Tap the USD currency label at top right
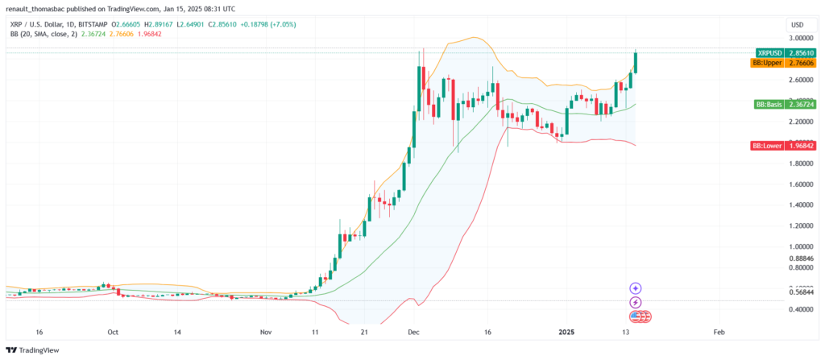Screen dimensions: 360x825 [798, 24]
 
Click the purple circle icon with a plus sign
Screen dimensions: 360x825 [635, 288]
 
